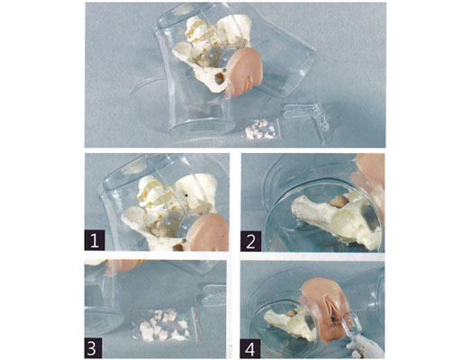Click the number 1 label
tap(95, 240)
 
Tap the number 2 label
tap(250, 241)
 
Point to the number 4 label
tap(250, 349)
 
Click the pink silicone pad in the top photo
tap(244, 73)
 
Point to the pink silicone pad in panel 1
tap(208, 233)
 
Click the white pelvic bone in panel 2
tap(336, 220)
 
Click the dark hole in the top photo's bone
tap(218, 79)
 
